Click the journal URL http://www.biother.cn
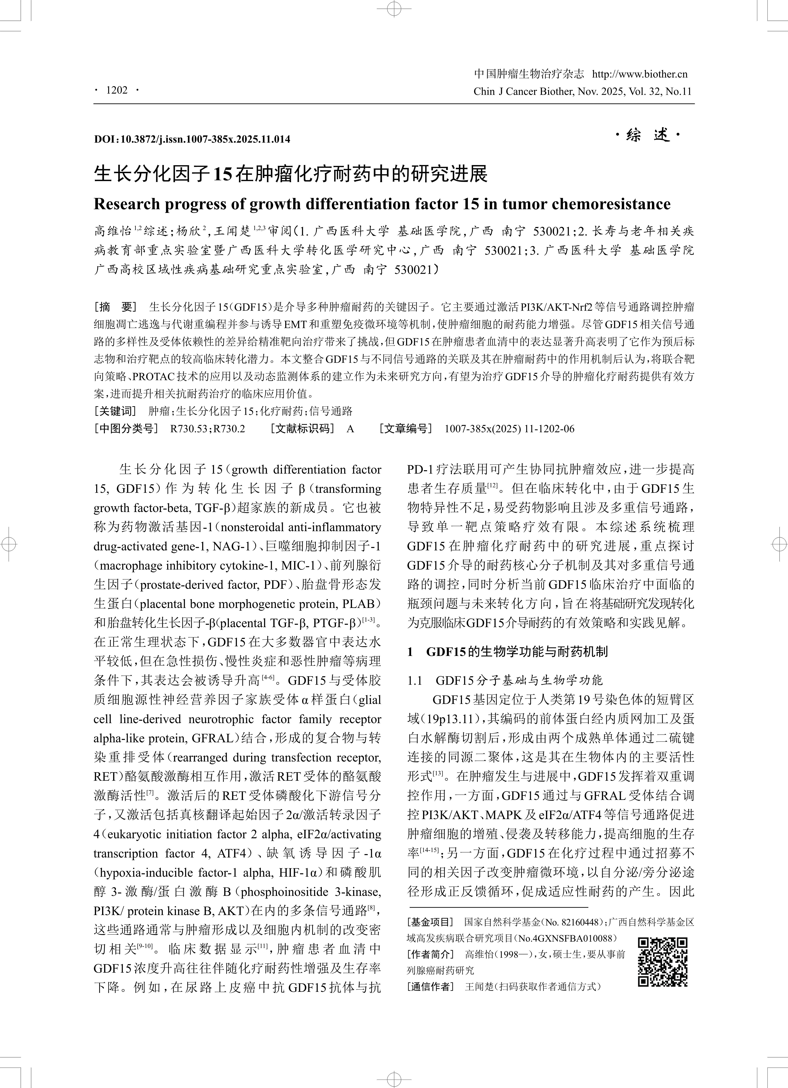640,74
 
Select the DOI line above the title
192,139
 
